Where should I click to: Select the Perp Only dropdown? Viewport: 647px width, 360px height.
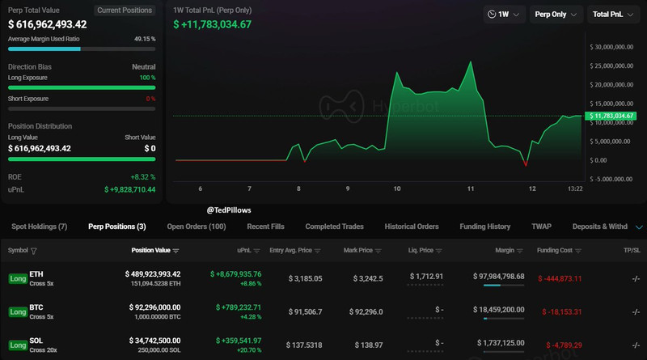tap(556, 15)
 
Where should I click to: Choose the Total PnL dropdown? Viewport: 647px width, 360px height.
tap(612, 15)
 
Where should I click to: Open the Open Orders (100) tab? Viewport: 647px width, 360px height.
tap(197, 227)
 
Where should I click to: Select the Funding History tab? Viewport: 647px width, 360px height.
tap(484, 227)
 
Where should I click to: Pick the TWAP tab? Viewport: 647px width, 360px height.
tap(541, 227)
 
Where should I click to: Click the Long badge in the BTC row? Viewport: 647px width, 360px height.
tap(17, 311)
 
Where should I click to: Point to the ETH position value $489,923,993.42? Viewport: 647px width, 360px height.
tap(153, 274)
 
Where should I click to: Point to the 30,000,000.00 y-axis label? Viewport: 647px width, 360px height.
tap(612, 47)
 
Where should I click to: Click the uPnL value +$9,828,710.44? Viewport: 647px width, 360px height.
tap(129, 189)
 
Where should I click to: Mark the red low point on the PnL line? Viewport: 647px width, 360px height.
tap(526, 164)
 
